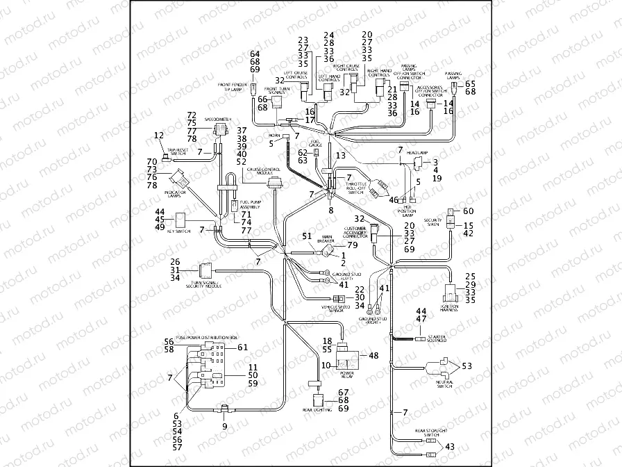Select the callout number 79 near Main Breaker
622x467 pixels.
click(352, 245)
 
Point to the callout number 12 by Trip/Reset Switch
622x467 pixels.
click(159, 135)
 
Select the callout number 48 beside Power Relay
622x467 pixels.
click(373, 356)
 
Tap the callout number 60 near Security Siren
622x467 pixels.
click(467, 211)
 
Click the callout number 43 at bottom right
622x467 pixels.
click(450, 446)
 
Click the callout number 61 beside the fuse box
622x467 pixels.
click(242, 347)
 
